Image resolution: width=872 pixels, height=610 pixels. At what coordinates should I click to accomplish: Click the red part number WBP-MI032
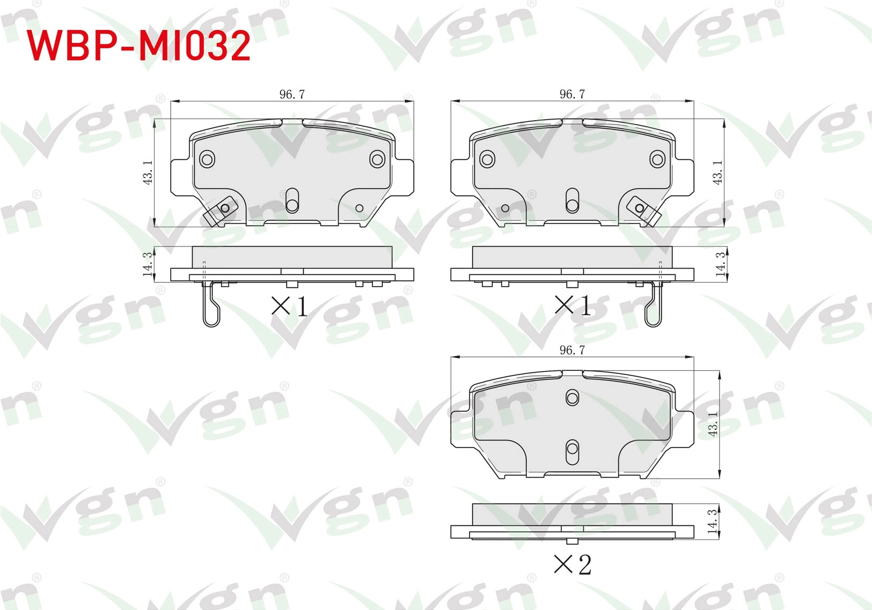tap(138, 46)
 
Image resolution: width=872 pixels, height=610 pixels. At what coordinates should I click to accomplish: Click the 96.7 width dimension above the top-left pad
tap(292, 94)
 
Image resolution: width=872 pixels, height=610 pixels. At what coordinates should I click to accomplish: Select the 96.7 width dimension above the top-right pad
tap(572, 94)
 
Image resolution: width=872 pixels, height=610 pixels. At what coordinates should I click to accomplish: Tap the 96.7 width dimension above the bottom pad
tap(572, 350)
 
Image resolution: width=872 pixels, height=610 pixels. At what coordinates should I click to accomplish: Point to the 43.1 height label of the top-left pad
tap(148, 173)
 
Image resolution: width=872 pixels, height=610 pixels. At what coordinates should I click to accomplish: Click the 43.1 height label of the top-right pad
tap(717, 173)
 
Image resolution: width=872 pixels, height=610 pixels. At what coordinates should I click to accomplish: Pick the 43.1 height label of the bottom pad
tap(713, 424)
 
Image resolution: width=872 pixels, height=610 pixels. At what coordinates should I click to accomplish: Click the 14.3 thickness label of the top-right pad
tap(720, 264)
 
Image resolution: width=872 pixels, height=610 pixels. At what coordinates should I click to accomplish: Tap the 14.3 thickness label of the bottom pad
tap(712, 522)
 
